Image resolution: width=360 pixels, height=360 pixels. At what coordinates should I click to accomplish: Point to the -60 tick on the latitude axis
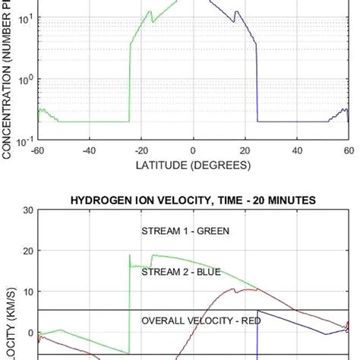tap(36, 150)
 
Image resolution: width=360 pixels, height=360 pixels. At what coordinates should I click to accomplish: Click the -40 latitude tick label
tap(88, 150)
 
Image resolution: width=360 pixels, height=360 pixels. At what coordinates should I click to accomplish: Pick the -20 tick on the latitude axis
tap(141, 150)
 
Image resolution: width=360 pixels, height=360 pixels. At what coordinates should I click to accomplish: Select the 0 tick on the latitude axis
tap(193, 150)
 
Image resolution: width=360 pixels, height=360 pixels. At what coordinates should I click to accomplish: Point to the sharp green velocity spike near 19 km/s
tap(130, 255)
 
